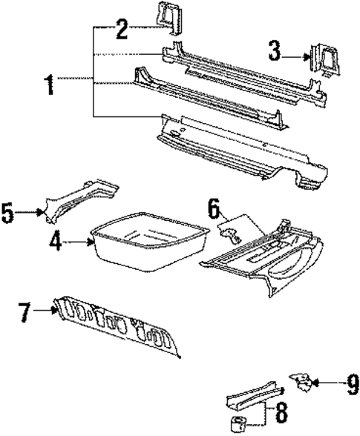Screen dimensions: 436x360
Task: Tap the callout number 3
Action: coord(276,52)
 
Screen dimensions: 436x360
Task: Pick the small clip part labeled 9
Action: coord(301,381)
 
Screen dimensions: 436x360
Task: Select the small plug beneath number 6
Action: coord(231,235)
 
